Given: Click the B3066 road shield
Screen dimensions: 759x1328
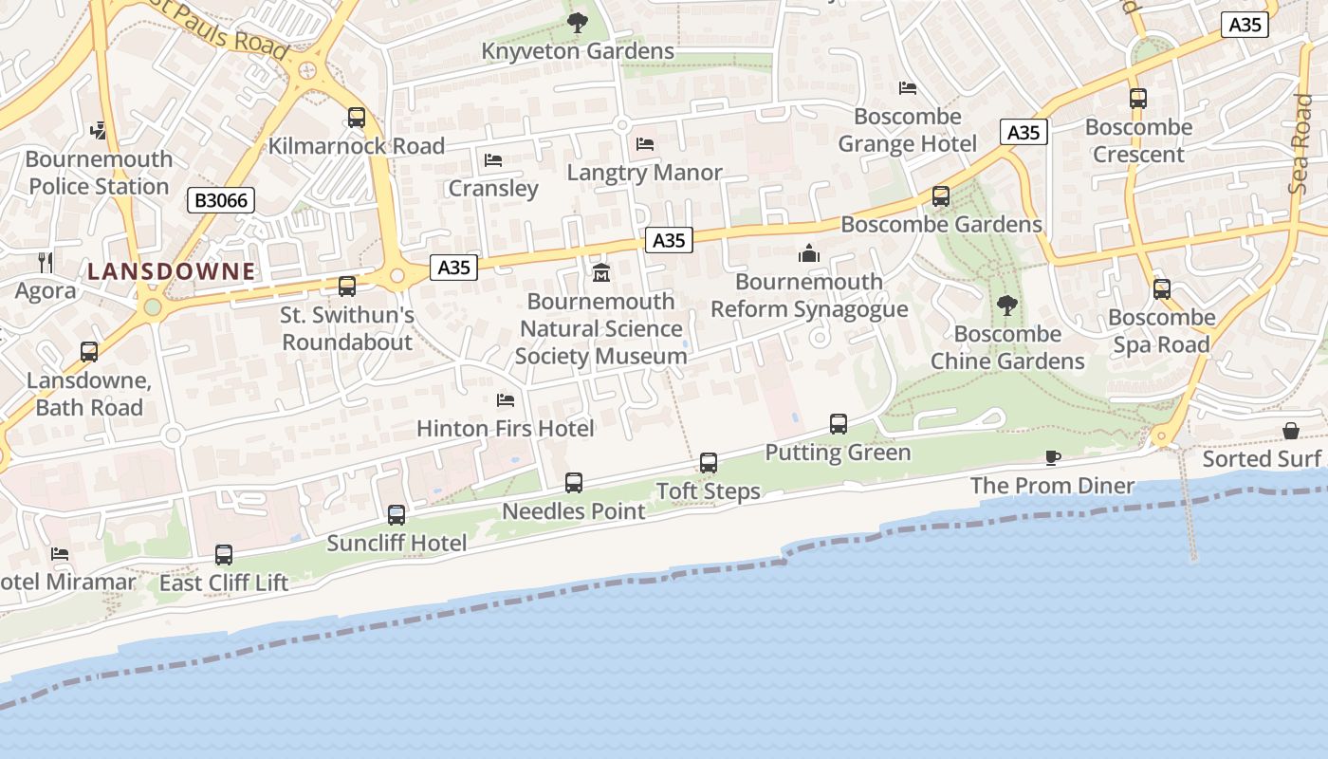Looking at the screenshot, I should point(220,200).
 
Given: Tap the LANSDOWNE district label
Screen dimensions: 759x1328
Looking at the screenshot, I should point(172,271).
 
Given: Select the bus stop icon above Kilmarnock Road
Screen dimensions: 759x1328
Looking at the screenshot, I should point(357,118).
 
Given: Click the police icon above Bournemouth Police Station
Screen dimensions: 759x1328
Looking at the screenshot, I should point(99,129).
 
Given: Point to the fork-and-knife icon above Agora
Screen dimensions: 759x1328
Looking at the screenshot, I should point(46,262).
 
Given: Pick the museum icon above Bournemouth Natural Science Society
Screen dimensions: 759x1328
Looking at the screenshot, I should point(600,273).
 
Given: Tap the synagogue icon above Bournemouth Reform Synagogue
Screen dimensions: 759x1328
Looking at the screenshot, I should point(809,253).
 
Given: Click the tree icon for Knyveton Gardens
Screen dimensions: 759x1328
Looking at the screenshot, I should point(577,23).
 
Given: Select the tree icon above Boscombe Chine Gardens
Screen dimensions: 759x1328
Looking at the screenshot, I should point(1006,305).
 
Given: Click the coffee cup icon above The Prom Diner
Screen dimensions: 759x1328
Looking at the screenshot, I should point(1052,458).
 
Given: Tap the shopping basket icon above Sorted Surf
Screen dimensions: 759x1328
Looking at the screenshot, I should point(1291,431).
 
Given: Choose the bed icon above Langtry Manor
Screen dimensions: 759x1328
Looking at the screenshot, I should point(645,144).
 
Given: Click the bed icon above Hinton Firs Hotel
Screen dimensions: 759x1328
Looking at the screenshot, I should point(506,400).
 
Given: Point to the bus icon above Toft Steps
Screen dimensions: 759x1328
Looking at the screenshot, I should point(709,463).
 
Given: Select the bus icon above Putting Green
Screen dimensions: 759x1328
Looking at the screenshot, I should point(839,424).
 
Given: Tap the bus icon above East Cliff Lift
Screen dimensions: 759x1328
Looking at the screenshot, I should point(224,555).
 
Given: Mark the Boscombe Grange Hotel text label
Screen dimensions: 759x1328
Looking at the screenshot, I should point(907,130).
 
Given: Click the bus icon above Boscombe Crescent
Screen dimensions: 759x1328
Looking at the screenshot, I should point(1138,99).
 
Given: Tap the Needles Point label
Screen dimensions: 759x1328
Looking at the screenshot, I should point(573,511).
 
